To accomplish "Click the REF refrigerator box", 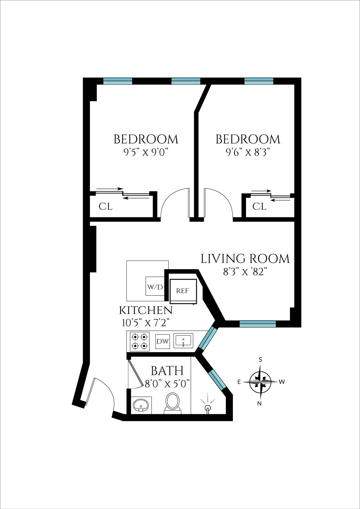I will coord(182,291).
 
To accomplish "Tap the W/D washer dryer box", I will coord(155,286).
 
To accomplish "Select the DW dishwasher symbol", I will coord(162,341).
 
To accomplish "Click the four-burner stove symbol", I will coord(140,341).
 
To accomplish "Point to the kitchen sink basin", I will coord(183,341).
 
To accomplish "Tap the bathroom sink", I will coord(141,405).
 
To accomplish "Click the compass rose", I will coord(260,382).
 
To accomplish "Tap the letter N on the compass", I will coord(259,404).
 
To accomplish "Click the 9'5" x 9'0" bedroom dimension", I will coord(146,152).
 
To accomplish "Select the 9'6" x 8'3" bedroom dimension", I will coord(248,152).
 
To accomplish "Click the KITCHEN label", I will coord(145,310).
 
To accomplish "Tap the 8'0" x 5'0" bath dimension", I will coord(167,384).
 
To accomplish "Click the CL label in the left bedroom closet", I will coord(105,207).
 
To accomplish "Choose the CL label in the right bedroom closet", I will coord(259,207).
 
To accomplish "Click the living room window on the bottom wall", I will coord(258,324).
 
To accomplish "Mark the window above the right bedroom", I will coord(259,81).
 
